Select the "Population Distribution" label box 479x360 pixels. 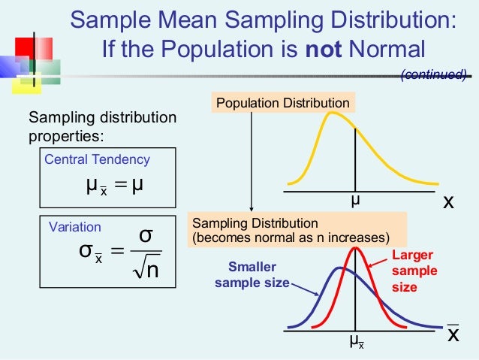point(282,103)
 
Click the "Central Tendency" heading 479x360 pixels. point(98,159)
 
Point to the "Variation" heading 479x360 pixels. point(74,226)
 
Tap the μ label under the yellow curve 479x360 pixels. point(355,201)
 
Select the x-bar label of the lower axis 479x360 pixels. point(452,334)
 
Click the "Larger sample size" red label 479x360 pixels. point(408,271)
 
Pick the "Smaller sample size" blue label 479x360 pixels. point(252,274)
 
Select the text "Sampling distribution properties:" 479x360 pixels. point(102,127)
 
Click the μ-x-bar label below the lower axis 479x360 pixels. point(357,341)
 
